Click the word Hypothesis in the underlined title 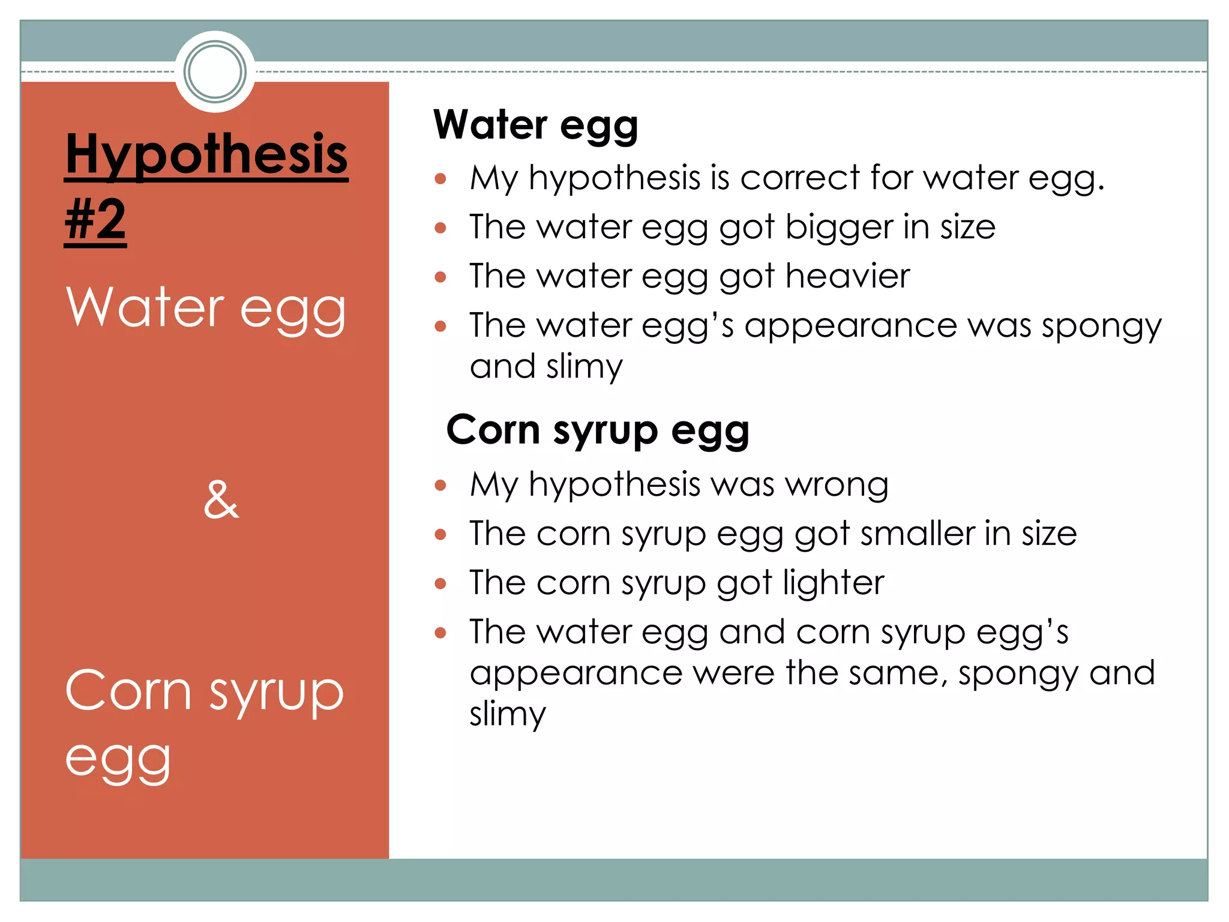click(206, 155)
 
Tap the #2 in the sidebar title click(95, 220)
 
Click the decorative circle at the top click(215, 71)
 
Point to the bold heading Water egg click(535, 125)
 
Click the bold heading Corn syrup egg click(598, 431)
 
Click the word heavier click(847, 276)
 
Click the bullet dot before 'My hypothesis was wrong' click(440, 485)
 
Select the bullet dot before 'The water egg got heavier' click(440, 277)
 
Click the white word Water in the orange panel click(145, 307)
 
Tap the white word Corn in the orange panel click(128, 691)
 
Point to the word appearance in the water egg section click(850, 326)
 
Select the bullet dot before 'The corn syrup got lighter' click(440, 583)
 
